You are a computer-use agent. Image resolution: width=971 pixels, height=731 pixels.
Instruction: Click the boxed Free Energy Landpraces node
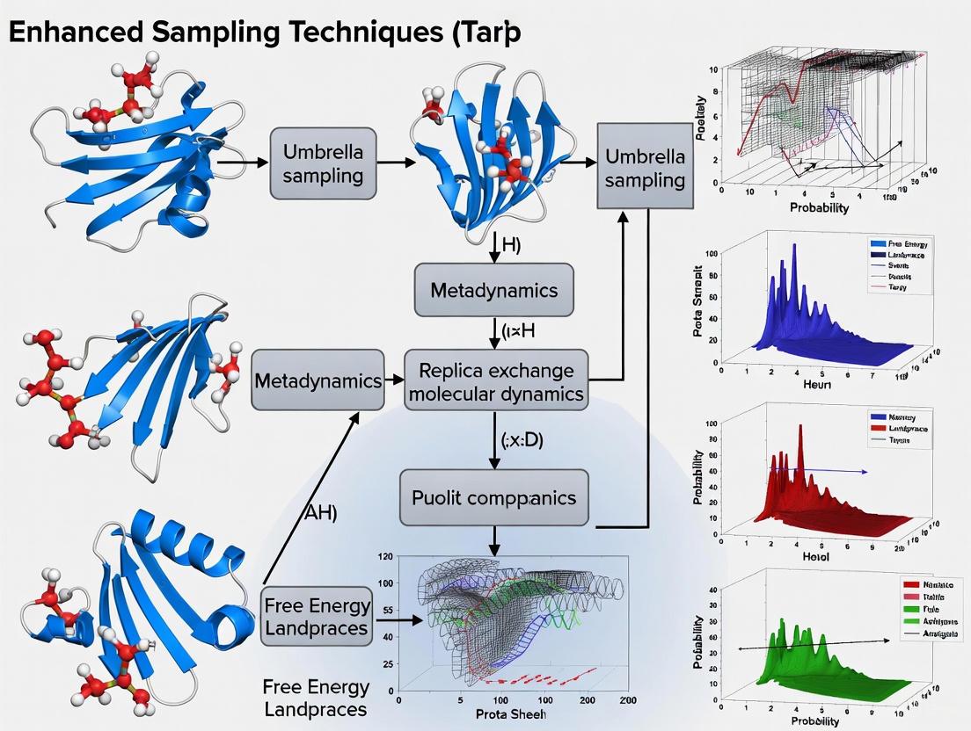(x=317, y=618)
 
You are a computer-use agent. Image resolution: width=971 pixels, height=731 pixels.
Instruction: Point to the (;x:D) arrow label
(x=522, y=442)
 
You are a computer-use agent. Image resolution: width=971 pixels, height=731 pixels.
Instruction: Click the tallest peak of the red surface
(x=800, y=431)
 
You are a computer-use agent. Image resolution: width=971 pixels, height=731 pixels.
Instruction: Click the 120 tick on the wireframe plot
(x=383, y=557)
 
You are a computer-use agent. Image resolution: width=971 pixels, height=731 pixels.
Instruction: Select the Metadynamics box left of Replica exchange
(x=318, y=381)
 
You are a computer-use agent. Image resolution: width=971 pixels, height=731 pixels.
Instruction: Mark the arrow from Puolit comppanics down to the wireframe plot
(x=495, y=538)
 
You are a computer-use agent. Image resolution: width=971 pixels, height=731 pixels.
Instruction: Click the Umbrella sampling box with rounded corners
(x=323, y=163)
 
